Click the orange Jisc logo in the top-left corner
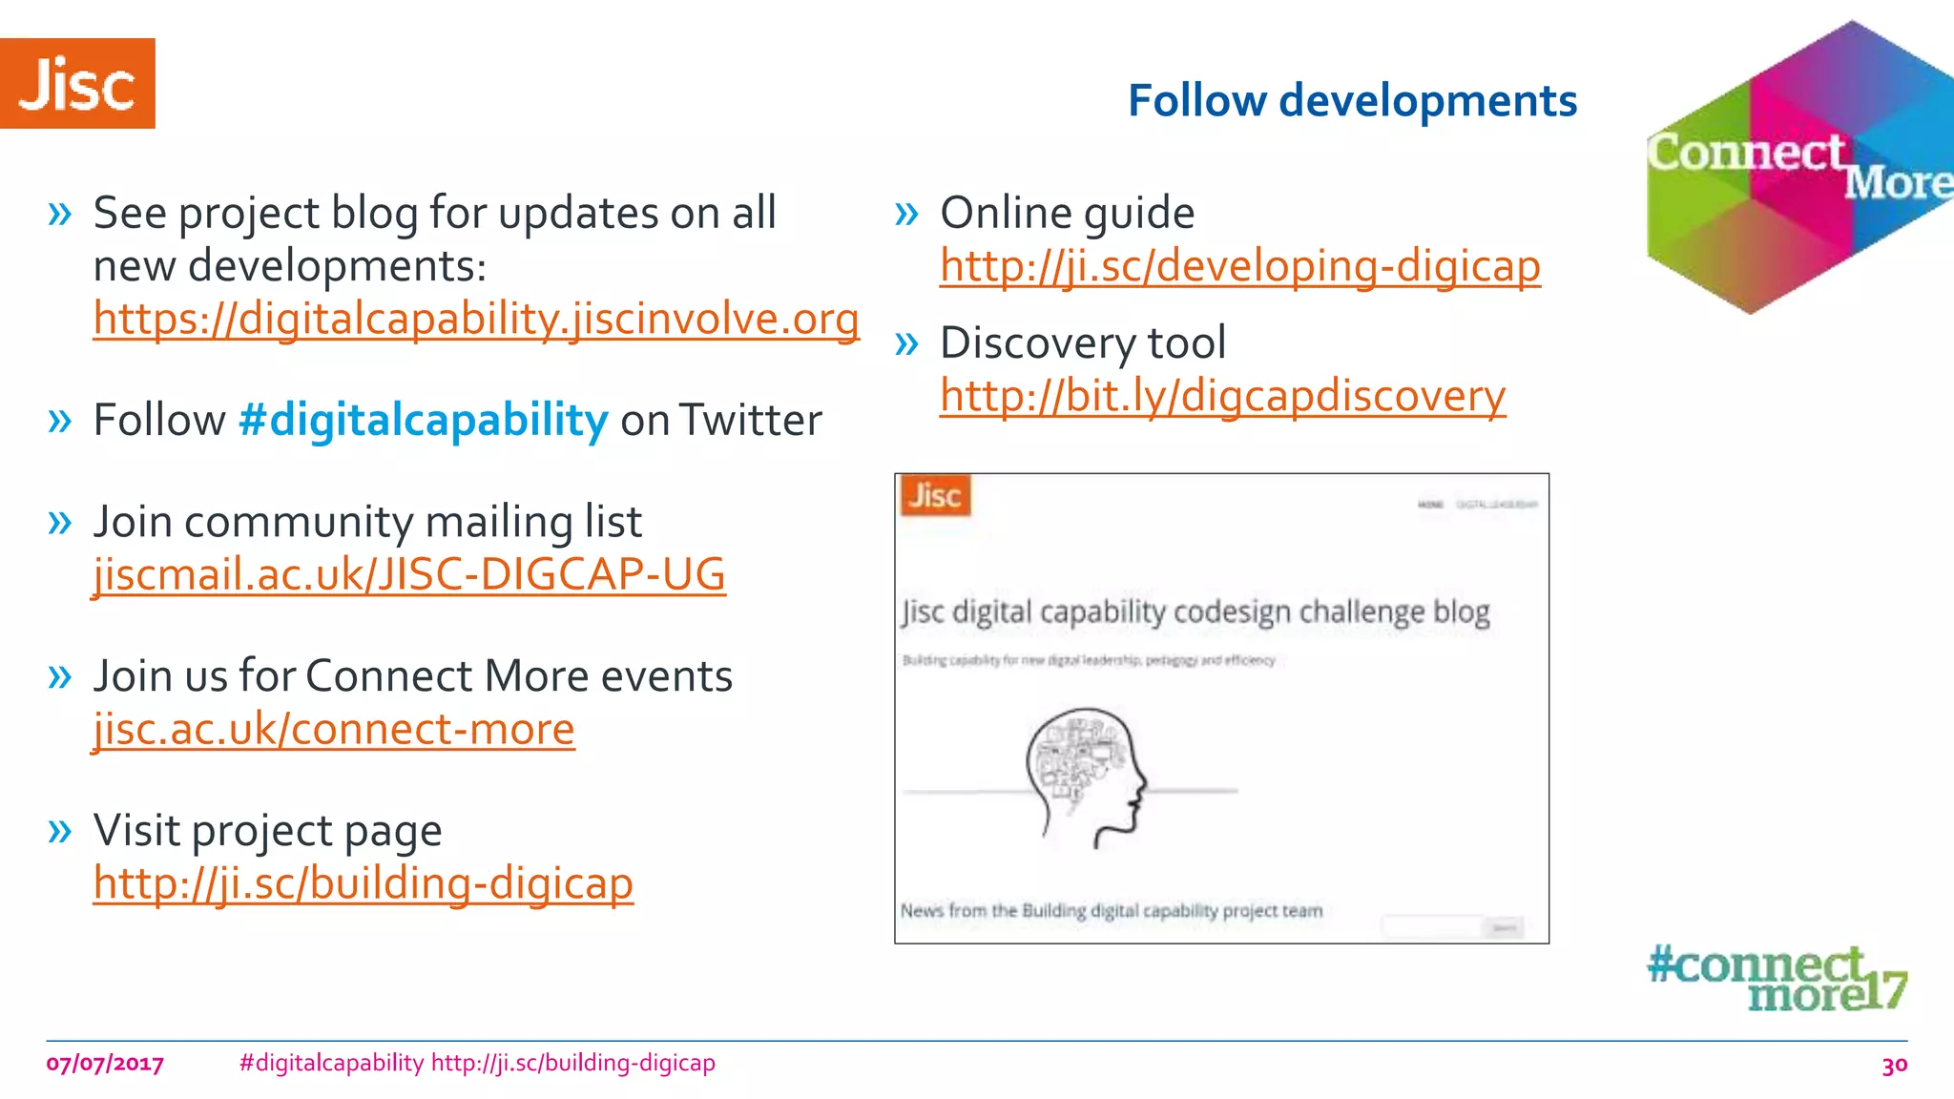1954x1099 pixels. click(77, 84)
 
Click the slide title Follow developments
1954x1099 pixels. click(1352, 101)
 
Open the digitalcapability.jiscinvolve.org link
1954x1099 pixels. click(476, 319)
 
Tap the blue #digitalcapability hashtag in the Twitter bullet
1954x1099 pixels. click(423, 421)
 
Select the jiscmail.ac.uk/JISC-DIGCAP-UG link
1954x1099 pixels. click(409, 574)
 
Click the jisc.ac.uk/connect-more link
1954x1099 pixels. click(334, 730)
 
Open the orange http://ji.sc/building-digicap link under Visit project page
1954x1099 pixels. click(363, 883)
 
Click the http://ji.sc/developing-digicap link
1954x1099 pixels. click(1239, 266)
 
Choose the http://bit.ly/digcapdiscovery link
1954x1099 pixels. click(1222, 396)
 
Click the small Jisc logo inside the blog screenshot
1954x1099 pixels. click(935, 496)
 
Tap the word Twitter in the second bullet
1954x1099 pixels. click(750, 421)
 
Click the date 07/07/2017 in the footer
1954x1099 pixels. click(105, 1064)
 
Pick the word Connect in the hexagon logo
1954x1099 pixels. click(1746, 153)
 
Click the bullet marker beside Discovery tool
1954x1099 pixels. click(906, 343)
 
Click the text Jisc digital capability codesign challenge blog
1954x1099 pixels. click(1195, 612)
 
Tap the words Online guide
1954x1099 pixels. click(1067, 213)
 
